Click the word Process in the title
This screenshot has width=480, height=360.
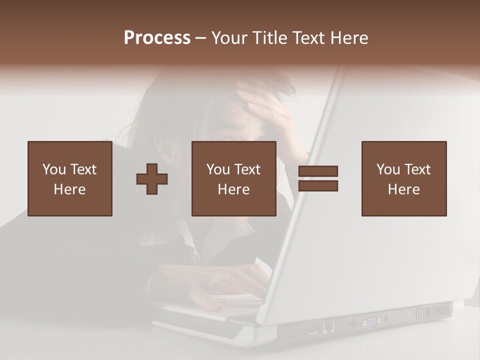coord(157,38)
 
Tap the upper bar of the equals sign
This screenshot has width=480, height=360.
coord(318,171)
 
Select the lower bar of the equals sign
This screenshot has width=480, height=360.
coord(318,186)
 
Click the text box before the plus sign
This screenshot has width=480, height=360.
coord(69,178)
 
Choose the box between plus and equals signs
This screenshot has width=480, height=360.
coord(233,178)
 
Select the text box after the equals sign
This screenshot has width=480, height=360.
coord(403,178)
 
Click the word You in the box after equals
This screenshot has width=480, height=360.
coord(388,169)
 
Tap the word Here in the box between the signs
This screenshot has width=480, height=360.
coord(233,189)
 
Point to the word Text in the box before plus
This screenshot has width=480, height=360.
coord(83,169)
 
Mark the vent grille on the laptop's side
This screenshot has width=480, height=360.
coord(433,311)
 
